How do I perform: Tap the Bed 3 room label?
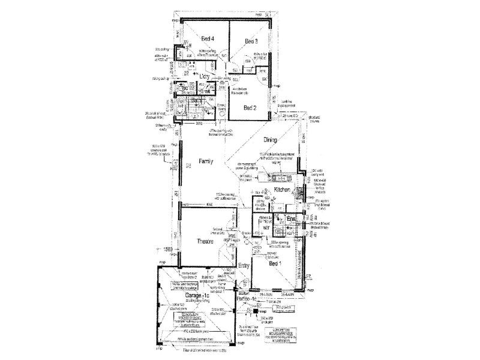[252, 41]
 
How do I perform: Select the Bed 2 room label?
[251, 107]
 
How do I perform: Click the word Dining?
[271, 140]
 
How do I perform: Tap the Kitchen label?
[283, 190]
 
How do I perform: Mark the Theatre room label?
[207, 241]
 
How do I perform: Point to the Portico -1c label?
[247, 299]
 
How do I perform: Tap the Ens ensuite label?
[292, 219]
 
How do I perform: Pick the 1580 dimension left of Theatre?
[168, 248]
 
